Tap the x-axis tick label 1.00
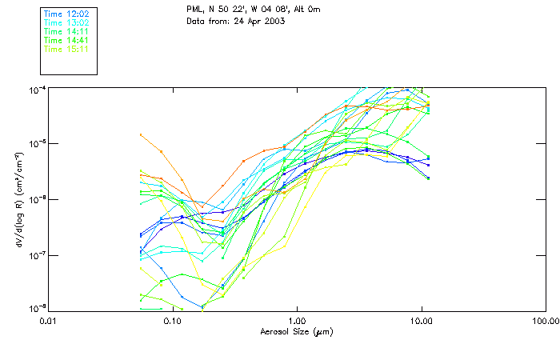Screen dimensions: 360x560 point(297,321)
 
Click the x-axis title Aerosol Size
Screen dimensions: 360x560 point(297,331)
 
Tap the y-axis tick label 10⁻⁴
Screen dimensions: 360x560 point(37,88)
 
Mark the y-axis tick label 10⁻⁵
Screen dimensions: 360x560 point(37,143)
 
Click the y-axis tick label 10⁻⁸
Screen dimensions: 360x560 point(37,308)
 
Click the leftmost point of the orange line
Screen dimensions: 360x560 point(141,134)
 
